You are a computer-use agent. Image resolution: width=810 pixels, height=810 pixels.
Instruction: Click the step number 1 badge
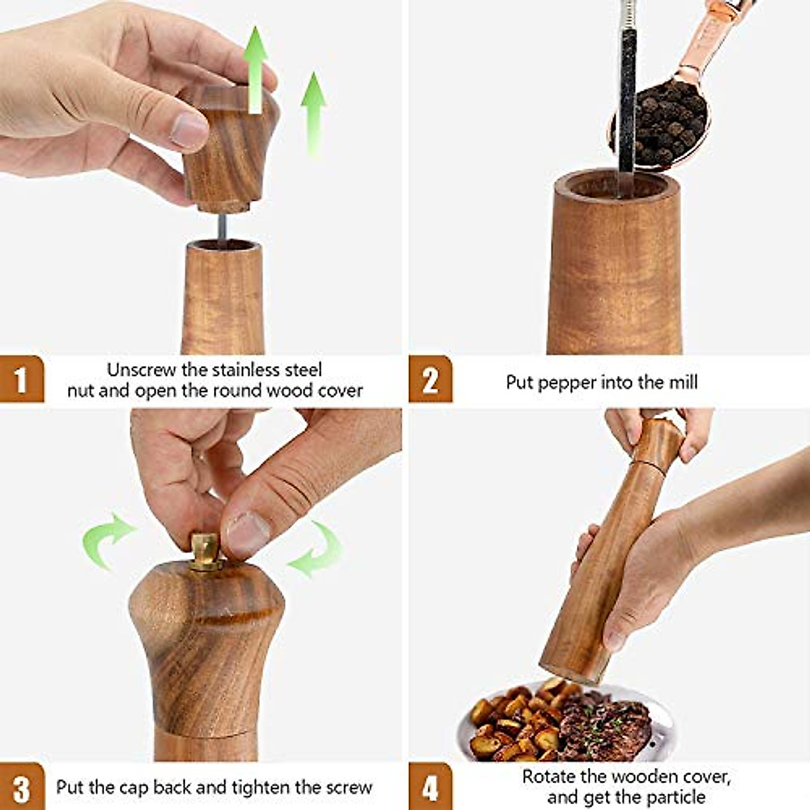[x=22, y=379]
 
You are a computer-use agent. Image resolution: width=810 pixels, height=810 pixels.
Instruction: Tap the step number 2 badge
[x=430, y=379]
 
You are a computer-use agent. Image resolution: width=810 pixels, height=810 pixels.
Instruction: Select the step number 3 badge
[x=22, y=787]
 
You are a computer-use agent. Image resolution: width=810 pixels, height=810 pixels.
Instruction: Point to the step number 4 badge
[x=430, y=787]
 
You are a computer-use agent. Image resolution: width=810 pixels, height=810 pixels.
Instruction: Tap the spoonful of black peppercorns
[x=665, y=125]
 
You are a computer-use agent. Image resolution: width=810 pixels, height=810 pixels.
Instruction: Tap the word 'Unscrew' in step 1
[x=141, y=370]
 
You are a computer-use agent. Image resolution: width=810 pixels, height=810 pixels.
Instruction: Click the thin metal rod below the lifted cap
[x=221, y=227]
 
